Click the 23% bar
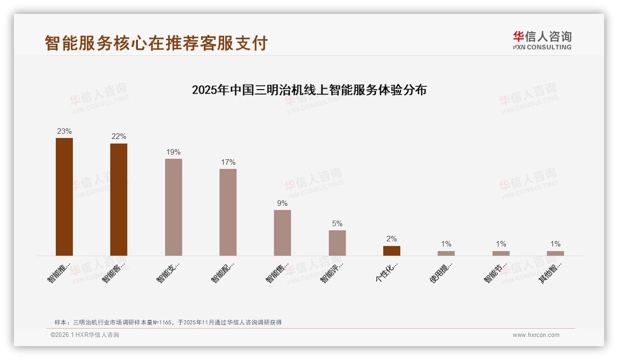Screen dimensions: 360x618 click(x=64, y=197)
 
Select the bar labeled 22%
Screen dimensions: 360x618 click(x=119, y=199)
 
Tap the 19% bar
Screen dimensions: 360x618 click(x=173, y=207)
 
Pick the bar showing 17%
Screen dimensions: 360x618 click(x=228, y=212)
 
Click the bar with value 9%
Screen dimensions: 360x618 click(x=282, y=233)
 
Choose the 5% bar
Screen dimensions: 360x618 click(x=337, y=243)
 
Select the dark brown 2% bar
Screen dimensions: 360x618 click(x=392, y=251)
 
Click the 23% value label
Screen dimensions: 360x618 click(x=64, y=132)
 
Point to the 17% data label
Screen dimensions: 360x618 click(x=228, y=162)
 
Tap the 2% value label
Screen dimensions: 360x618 click(x=392, y=239)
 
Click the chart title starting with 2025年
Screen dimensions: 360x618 click(x=309, y=90)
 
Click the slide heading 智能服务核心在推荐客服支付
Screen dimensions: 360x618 click(x=156, y=43)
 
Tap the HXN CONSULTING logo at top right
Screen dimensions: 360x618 click(x=542, y=40)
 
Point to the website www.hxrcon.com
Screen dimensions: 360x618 click(x=536, y=335)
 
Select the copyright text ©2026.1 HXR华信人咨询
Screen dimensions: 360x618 click(x=85, y=335)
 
